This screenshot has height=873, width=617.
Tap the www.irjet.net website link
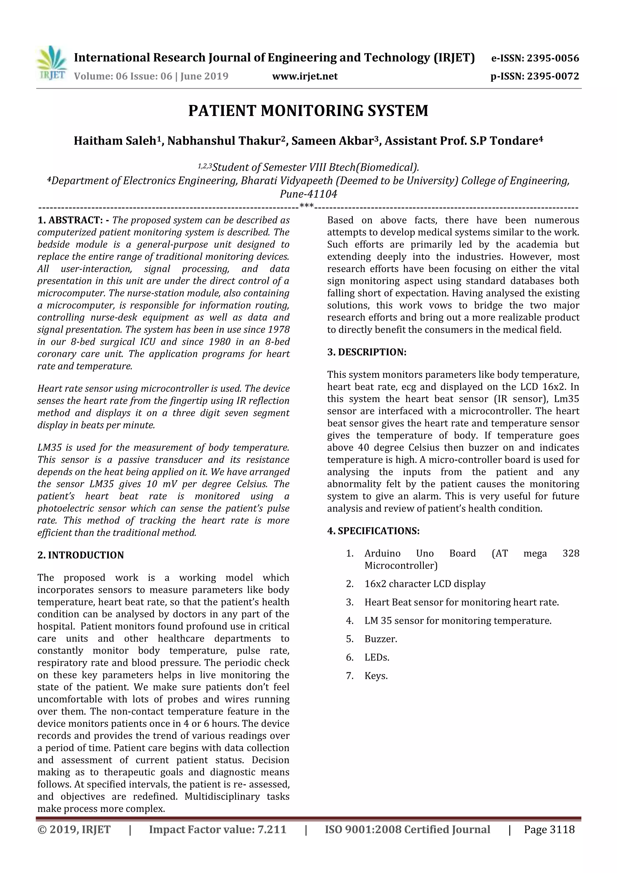305,77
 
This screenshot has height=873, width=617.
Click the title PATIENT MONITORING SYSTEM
308,111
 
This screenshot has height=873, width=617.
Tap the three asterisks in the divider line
306,207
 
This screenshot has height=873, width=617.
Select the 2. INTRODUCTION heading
81,555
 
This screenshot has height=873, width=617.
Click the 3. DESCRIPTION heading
366,352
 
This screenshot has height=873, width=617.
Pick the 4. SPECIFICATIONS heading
373,531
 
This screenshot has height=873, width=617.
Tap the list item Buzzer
381,639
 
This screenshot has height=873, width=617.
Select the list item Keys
376,676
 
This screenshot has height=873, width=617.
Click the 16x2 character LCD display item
424,584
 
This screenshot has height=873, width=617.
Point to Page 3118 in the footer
549,829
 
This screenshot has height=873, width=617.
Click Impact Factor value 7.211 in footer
218,829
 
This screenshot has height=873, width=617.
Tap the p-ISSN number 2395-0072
553,77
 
